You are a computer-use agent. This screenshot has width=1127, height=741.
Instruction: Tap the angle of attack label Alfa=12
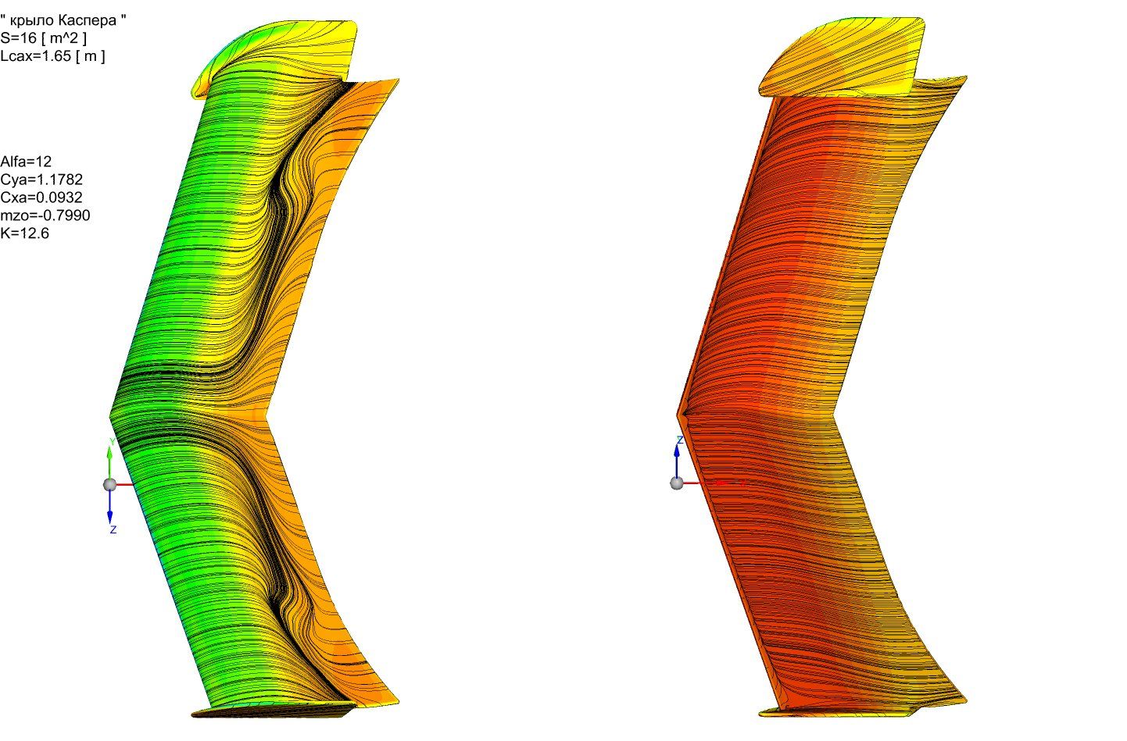(x=26, y=162)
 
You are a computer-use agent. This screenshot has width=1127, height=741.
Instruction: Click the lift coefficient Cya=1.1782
(x=41, y=180)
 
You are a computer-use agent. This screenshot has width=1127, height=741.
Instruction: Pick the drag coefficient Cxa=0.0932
(x=41, y=198)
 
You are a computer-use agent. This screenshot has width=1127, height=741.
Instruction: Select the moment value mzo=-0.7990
(x=45, y=216)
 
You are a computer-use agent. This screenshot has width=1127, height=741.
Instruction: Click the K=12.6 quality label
(x=25, y=233)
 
